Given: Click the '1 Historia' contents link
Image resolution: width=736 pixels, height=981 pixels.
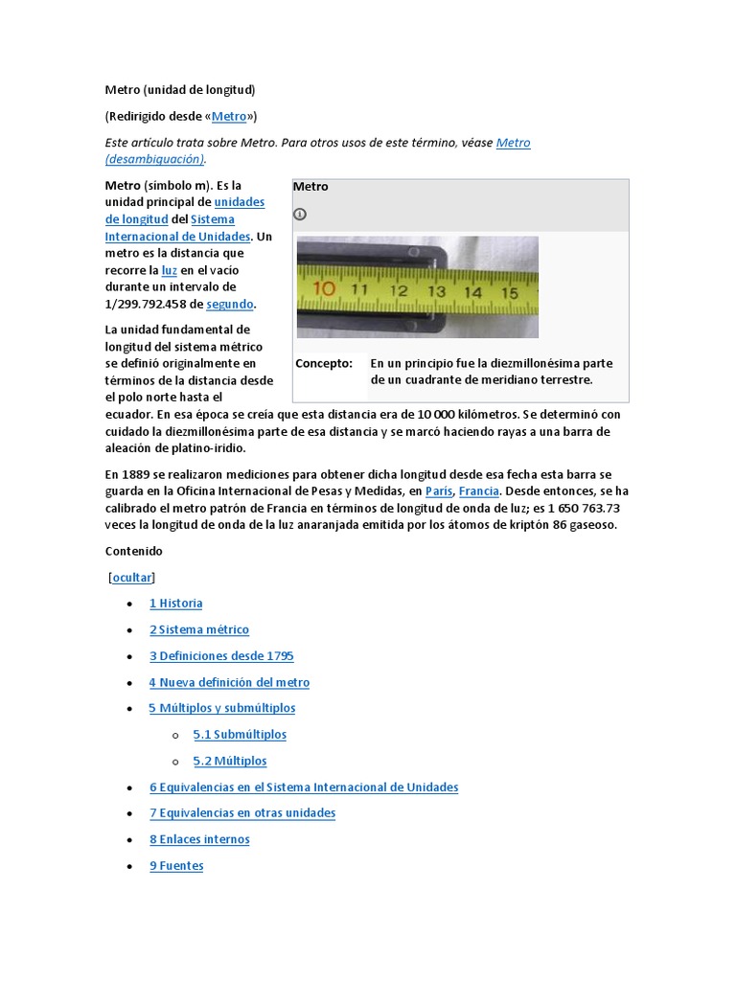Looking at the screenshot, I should tap(175, 604).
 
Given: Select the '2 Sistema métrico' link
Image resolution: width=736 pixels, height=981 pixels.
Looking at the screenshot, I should tap(198, 629).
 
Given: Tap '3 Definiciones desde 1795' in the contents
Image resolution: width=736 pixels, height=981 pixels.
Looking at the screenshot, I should tap(221, 656).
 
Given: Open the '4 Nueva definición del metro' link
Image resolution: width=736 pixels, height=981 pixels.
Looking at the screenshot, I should tap(229, 682).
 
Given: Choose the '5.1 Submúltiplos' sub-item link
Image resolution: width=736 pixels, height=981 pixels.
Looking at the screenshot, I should tap(240, 735).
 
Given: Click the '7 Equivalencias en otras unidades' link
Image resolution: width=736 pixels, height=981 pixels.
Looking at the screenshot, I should tap(242, 813).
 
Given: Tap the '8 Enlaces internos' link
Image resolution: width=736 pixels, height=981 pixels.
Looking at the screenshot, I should tap(199, 839).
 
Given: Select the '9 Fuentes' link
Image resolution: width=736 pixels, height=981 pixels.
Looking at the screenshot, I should tap(176, 866).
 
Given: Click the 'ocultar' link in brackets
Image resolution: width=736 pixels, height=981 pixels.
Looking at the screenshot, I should tap(132, 578).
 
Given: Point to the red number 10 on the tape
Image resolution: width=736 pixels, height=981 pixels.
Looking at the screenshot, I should tap(324, 287).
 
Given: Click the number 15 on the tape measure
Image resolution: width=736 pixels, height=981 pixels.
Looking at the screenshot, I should tap(509, 292).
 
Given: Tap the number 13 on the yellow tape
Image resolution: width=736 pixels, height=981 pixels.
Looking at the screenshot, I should tap(436, 290).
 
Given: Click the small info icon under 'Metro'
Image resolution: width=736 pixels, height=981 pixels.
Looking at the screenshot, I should tap(300, 214).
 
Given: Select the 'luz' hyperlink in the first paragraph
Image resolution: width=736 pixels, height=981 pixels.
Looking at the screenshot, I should tap(169, 271).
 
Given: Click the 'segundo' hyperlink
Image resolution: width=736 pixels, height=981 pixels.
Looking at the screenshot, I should tap(230, 304).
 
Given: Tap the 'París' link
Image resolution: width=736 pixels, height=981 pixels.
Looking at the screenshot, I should tap(439, 491).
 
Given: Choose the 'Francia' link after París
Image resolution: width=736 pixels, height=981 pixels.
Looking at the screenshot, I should tap(478, 491).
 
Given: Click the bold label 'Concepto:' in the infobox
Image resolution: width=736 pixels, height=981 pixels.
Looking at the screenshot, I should tap(324, 364).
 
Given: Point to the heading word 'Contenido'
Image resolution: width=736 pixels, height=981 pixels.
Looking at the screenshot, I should tap(134, 552).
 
